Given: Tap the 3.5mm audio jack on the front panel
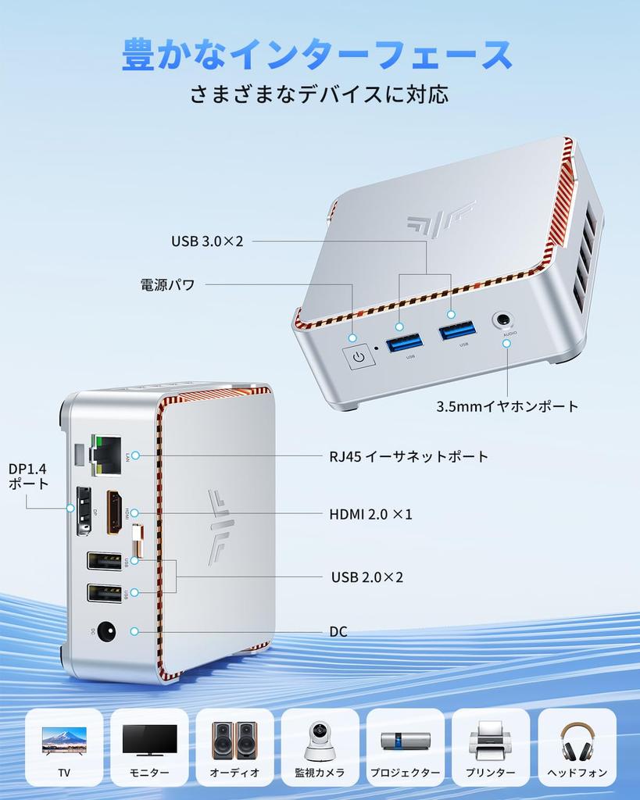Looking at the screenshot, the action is click(x=502, y=320).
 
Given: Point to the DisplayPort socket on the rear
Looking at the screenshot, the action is click(x=83, y=510).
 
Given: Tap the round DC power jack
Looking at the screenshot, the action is click(x=106, y=631).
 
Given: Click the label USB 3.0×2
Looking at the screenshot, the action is click(x=207, y=241).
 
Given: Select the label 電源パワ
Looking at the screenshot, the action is click(x=167, y=284).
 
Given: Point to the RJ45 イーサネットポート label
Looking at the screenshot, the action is click(x=409, y=456).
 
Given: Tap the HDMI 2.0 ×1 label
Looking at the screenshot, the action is click(x=370, y=514).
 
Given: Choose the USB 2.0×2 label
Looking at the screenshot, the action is click(x=367, y=577).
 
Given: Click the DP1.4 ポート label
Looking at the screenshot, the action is click(x=28, y=476).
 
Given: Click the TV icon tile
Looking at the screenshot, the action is click(x=64, y=747).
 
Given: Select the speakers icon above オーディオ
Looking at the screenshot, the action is click(x=234, y=739).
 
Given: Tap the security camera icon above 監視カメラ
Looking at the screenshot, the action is click(x=320, y=739).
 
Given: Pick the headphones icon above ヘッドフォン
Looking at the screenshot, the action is click(x=577, y=740).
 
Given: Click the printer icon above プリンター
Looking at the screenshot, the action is click(x=491, y=739).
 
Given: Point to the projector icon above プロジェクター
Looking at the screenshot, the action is click(x=405, y=741).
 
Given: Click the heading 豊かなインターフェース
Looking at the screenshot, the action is click(x=317, y=55).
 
